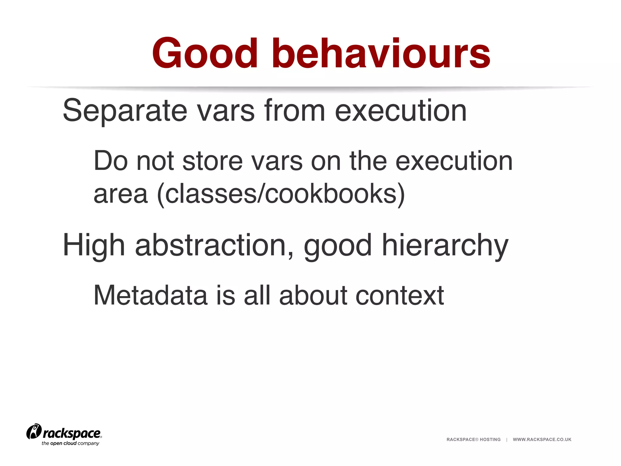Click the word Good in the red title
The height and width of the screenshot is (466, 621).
pyautogui.click(x=205, y=53)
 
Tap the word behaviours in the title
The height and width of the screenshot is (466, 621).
pyautogui.click(x=381, y=53)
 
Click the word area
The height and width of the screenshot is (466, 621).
pyautogui.click(x=121, y=194)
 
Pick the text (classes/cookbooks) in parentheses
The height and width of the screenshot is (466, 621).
pyautogui.click(x=281, y=194)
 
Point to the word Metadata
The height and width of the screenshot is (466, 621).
pyautogui.click(x=150, y=295)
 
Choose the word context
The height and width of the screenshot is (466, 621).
pyautogui.click(x=399, y=295)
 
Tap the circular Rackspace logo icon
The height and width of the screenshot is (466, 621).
pyautogui.click(x=34, y=431)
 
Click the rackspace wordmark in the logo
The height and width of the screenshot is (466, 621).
pyautogui.click(x=72, y=433)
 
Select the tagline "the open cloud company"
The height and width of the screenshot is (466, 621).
pyautogui.click(x=70, y=443)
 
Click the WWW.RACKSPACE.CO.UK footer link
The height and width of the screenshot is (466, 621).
pyautogui.click(x=542, y=439)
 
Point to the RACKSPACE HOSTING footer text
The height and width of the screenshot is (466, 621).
pyautogui.click(x=473, y=439)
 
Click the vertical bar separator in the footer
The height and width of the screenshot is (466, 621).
pyautogui.click(x=507, y=439)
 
